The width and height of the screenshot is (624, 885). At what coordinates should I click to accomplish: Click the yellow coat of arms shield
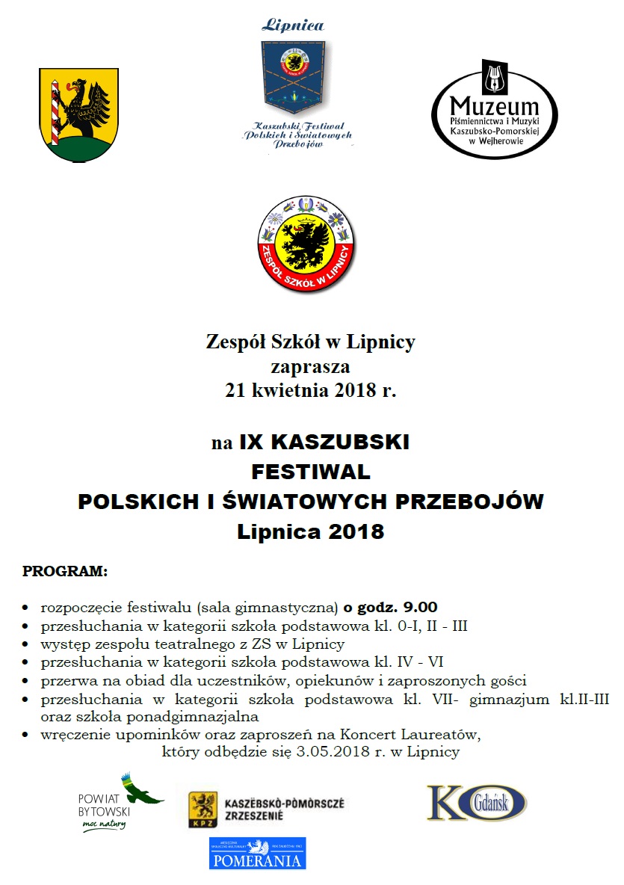pyautogui.click(x=78, y=114)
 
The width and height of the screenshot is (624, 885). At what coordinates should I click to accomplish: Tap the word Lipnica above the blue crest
pyautogui.click(x=292, y=25)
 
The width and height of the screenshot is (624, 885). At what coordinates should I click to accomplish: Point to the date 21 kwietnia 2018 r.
pyautogui.click(x=310, y=390)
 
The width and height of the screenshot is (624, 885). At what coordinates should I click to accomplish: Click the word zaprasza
pyautogui.click(x=310, y=367)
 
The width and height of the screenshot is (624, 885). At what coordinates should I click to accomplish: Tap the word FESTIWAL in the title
pyautogui.click(x=311, y=472)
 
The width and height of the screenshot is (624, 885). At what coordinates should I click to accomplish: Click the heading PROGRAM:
pyautogui.click(x=65, y=573)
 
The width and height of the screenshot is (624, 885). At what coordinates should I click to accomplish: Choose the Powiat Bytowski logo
pyautogui.click(x=120, y=803)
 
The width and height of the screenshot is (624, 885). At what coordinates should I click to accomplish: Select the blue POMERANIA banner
pyautogui.click(x=257, y=853)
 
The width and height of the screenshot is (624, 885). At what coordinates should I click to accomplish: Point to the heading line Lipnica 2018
pyautogui.click(x=310, y=532)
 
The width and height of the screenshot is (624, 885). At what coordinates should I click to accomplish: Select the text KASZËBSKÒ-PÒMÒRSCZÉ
pyautogui.click(x=285, y=804)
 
